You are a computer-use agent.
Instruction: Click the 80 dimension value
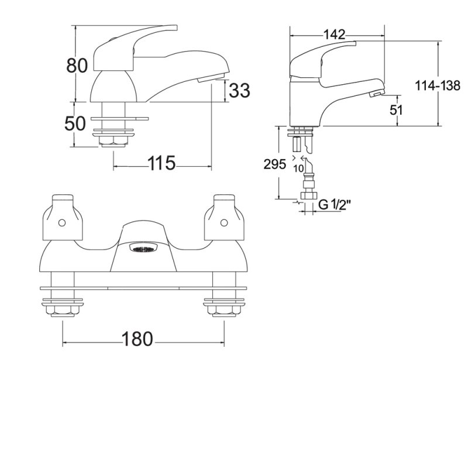point(77,66)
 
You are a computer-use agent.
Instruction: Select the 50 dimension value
point(75,123)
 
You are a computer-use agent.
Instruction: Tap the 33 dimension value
point(239,91)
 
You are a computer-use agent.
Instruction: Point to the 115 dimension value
point(161,163)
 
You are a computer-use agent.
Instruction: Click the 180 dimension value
point(137,339)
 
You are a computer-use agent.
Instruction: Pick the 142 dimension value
point(334,35)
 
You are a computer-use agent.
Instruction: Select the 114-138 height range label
point(438,86)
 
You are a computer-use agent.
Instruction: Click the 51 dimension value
point(397,110)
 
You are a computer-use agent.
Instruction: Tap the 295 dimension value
point(274,164)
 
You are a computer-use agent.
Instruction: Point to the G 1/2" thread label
point(335,205)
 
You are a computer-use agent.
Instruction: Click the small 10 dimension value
point(298,168)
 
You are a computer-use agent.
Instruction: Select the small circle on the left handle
point(62,223)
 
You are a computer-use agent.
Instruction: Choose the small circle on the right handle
point(224,223)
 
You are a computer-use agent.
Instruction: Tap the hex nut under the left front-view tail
point(63,312)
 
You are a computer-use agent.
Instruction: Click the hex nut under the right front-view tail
point(224,312)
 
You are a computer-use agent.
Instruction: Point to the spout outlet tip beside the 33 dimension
point(211,79)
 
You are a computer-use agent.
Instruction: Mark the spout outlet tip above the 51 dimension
point(376,94)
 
